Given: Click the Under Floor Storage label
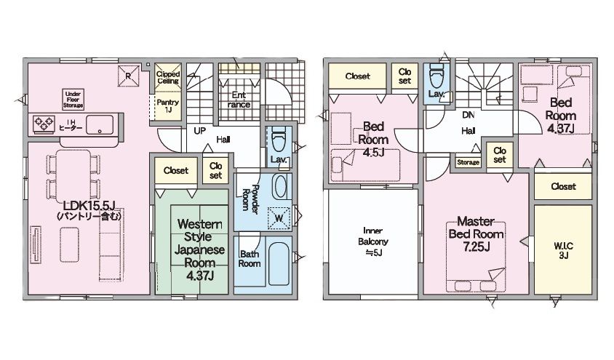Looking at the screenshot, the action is pos(73,100).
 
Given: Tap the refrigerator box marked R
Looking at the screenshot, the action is pos(129,76).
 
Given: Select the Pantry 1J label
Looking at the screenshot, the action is pos(168,105).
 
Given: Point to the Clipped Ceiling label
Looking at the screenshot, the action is pos(168,77).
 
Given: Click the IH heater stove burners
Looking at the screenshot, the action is pos(44,124).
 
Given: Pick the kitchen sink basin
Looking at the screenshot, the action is pos(100,125).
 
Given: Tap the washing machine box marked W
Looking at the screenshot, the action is pos(279,218).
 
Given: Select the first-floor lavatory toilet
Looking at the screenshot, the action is pos(279,140).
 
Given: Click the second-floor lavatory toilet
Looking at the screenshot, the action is pos(436,76).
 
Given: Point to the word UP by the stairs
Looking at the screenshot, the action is pos(200,131).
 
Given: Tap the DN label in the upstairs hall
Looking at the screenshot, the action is pos(469,115).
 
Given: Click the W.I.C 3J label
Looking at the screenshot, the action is pos(564,251).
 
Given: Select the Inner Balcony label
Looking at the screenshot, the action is pos(373,241).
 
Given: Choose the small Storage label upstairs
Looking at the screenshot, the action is pos(468,162).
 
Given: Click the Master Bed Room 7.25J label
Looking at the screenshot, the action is pos(477,233).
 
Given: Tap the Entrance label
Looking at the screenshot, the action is pos(239,100).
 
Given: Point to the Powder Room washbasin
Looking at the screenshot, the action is pos(279,187).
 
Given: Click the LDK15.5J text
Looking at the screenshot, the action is pos(89,205).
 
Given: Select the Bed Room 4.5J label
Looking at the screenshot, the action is pos(373,140).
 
